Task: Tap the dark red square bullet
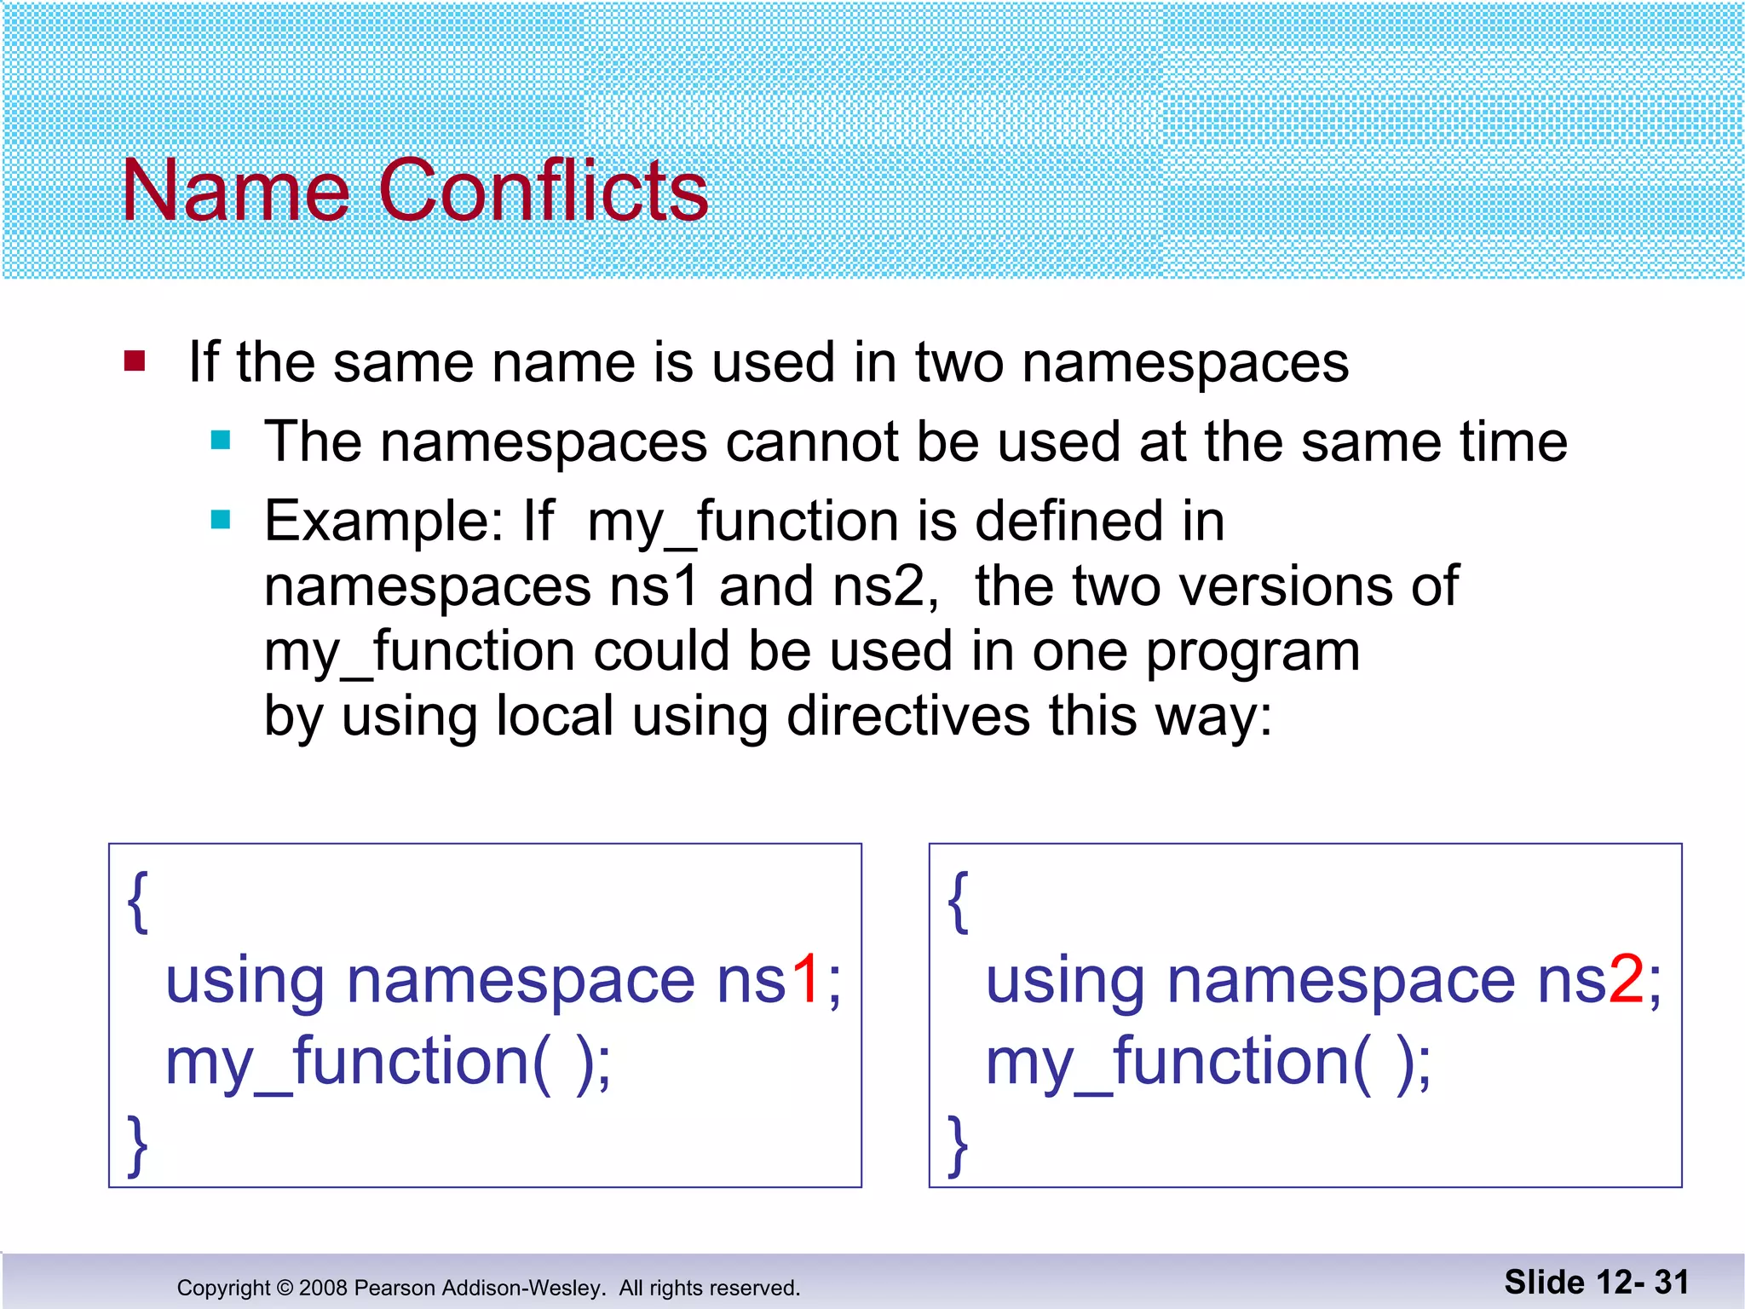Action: [135, 361]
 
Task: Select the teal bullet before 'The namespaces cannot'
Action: [221, 440]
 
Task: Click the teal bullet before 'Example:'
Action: [221, 519]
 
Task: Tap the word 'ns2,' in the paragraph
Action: [885, 586]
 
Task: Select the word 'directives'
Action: [908, 716]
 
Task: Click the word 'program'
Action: [1252, 653]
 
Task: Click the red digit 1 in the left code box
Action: [806, 980]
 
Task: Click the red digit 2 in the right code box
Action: [1626, 980]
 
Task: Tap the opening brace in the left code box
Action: [137, 902]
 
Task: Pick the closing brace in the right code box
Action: [958, 1145]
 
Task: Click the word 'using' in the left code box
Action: [245, 982]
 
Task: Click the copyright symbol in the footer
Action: [285, 1288]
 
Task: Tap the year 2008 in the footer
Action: [323, 1288]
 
